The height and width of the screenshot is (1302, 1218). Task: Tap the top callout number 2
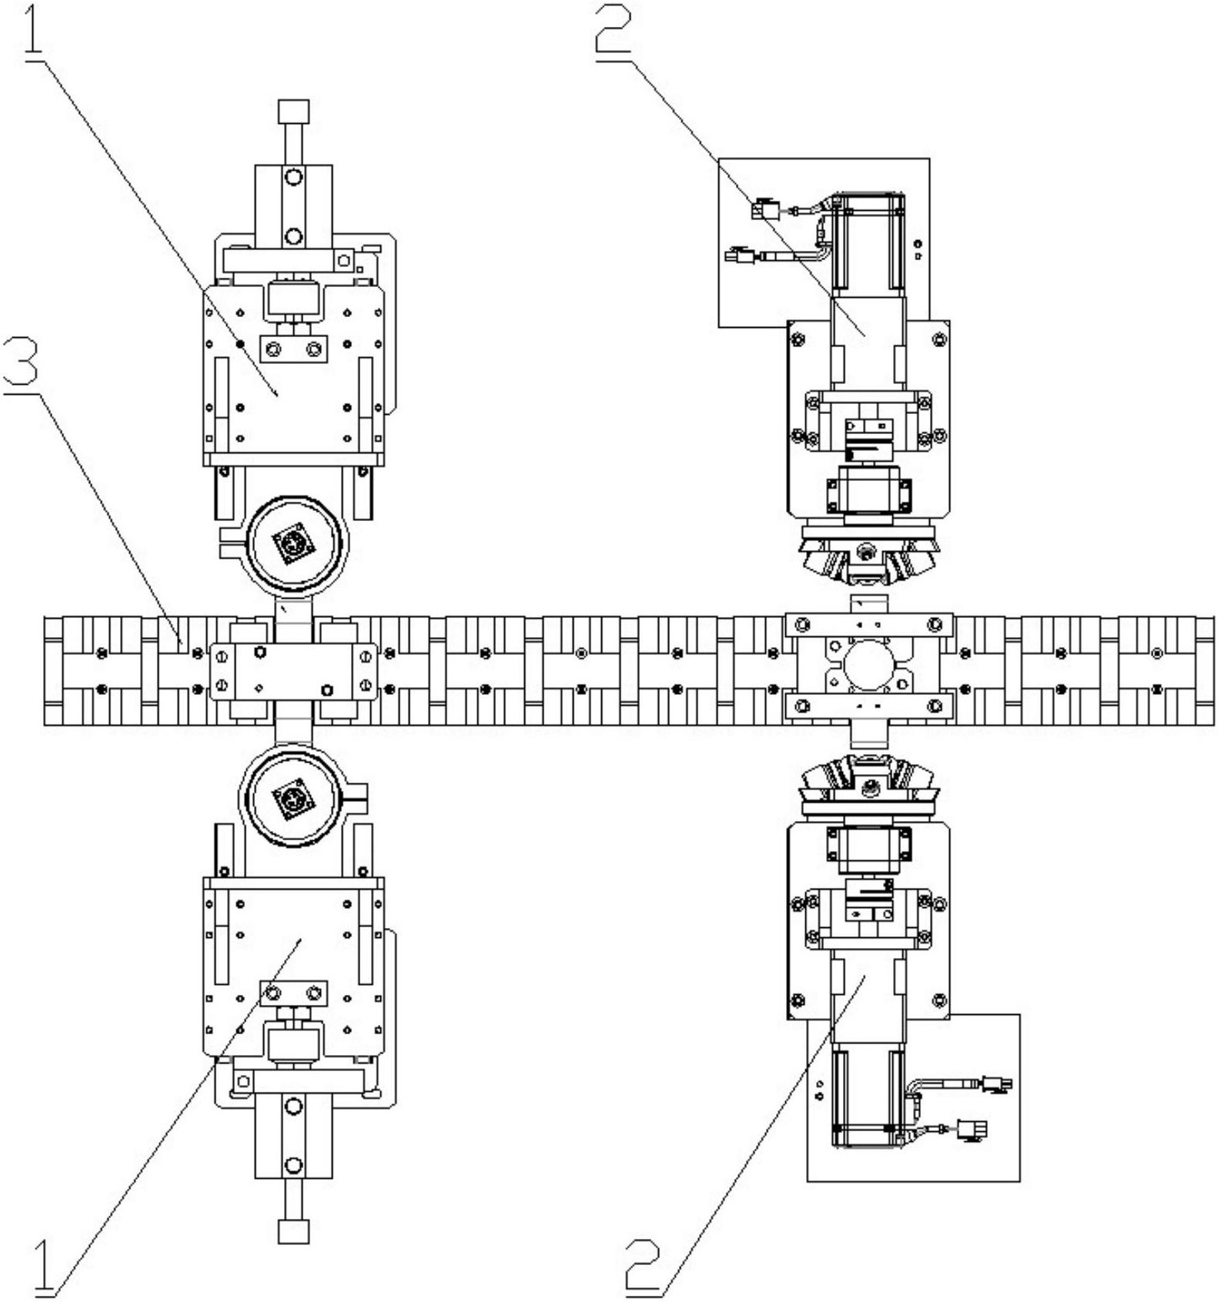click(x=614, y=28)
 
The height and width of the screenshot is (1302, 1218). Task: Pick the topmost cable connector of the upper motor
click(x=766, y=209)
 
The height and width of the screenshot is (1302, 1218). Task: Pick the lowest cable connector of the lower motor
click(x=972, y=1130)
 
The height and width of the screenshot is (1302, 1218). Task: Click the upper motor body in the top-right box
click(x=868, y=243)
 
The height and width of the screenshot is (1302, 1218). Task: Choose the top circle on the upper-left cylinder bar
click(x=293, y=178)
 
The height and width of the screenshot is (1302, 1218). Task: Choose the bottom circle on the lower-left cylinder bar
click(x=293, y=1164)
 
